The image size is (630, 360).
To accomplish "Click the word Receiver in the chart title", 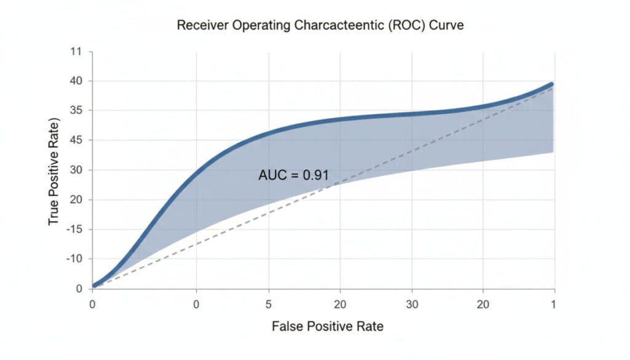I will point(197,26).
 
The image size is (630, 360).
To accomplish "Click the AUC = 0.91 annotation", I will point(293,175).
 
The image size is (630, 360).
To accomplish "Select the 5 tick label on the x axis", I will point(268,304).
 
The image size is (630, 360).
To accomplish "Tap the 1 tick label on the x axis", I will point(553,304).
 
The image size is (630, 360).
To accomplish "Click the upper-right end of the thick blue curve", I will point(551,84).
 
